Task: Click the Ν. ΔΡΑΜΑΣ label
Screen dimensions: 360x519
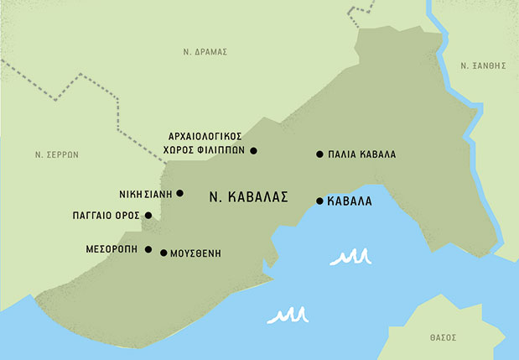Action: (205, 52)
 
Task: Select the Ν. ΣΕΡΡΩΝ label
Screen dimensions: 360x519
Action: (56, 154)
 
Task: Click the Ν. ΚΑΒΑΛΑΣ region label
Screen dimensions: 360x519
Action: (250, 197)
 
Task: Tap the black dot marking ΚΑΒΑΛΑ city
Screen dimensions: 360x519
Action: (319, 201)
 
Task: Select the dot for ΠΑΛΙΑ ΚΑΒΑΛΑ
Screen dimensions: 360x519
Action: (319, 154)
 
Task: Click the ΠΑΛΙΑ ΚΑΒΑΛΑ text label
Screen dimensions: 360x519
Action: (362, 155)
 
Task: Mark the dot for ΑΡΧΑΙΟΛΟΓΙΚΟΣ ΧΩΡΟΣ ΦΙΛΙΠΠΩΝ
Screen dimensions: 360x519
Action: (253, 151)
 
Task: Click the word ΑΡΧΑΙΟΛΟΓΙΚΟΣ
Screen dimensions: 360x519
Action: (205, 136)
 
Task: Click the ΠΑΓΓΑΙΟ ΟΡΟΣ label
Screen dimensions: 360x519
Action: (106, 216)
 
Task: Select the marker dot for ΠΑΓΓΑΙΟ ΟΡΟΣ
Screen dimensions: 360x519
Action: (148, 216)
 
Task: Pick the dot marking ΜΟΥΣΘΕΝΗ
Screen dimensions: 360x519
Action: (163, 252)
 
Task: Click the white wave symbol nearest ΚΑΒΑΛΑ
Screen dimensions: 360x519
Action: (350, 257)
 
